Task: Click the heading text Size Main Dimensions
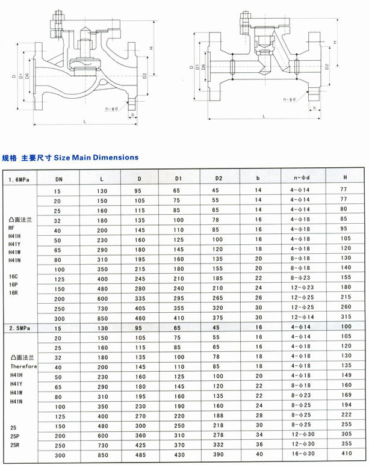[x=96, y=158]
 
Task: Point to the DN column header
[x=58, y=179]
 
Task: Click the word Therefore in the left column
[x=23, y=366]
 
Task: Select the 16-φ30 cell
[x=303, y=454]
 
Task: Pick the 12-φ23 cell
[x=303, y=287]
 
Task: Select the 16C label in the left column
[x=14, y=277]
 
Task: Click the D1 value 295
[x=179, y=297]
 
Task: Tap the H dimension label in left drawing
[x=152, y=48]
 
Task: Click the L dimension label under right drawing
[x=264, y=116]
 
